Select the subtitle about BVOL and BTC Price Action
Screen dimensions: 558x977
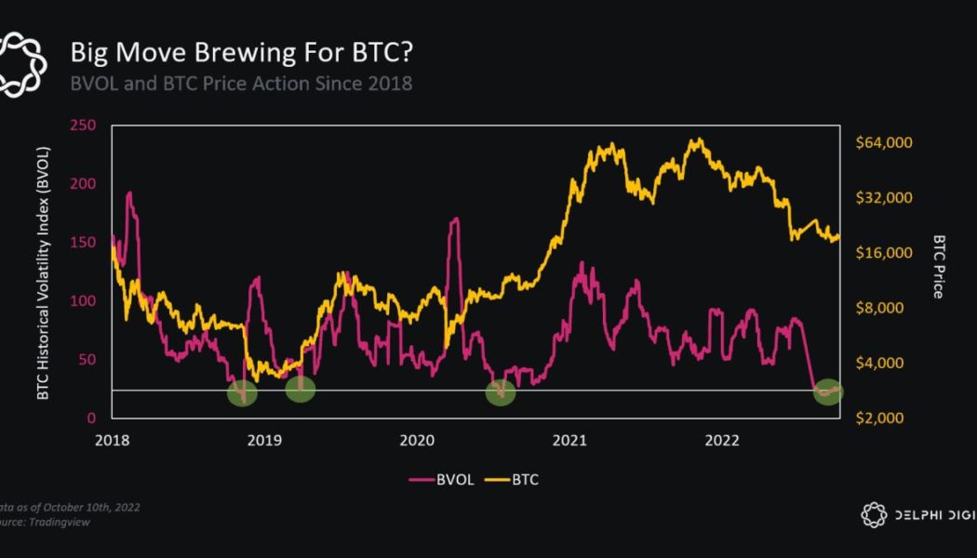[242, 83]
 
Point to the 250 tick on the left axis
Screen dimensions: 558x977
[84, 126]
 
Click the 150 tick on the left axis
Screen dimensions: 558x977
[84, 243]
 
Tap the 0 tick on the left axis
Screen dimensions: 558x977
[91, 418]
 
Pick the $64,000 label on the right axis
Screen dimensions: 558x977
[883, 142]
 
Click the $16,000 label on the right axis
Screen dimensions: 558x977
[883, 253]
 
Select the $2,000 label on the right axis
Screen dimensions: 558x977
[880, 418]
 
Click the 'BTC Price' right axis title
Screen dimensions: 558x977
[938, 266]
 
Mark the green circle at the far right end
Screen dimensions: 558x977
[827, 392]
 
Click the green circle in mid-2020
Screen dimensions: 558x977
[501, 392]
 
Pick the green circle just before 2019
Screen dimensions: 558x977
[242, 393]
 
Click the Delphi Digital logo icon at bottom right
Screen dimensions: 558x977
[873, 514]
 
